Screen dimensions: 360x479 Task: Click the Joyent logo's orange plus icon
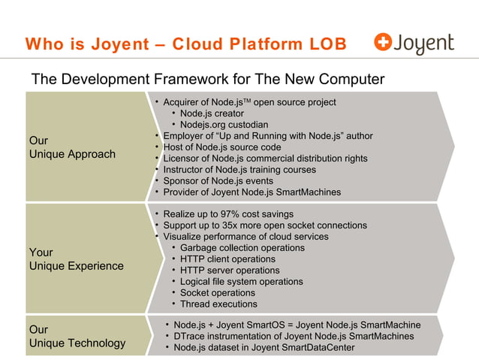(x=384, y=44)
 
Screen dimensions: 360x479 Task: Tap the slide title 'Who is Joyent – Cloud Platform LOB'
(x=185, y=45)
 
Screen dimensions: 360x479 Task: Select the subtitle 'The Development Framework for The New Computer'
(x=207, y=80)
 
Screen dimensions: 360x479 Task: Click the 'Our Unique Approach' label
(x=71, y=147)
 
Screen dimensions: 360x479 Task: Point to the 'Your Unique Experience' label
(x=75, y=259)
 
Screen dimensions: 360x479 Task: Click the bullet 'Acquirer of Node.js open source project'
(x=249, y=101)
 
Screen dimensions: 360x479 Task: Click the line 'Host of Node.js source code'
(x=222, y=147)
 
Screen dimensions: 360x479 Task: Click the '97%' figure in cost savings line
(x=232, y=214)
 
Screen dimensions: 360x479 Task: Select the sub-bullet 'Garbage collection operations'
(x=242, y=248)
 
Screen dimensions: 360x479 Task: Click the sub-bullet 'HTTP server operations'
(x=230, y=271)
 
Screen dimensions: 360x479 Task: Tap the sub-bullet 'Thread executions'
(x=218, y=304)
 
